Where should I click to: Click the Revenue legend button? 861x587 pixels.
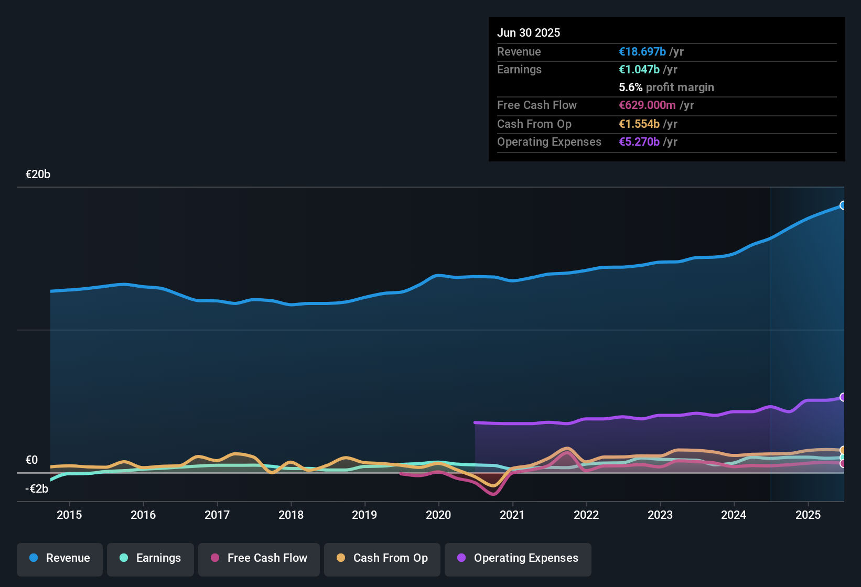point(60,558)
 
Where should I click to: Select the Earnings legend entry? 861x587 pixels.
point(150,558)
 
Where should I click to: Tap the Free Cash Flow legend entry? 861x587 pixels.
point(259,558)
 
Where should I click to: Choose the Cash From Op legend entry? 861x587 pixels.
point(382,558)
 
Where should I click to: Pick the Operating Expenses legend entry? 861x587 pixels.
point(518,558)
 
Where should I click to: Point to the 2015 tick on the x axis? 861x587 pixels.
point(69,515)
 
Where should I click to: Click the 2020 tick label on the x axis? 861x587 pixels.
point(438,515)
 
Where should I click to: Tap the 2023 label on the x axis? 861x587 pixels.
point(660,515)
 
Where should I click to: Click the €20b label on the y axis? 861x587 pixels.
point(38,175)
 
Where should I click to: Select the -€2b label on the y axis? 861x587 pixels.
point(37,489)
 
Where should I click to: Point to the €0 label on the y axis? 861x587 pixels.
point(31,460)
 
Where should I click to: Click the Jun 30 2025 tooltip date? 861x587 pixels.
point(529,32)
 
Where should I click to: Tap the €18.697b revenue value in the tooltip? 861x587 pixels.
point(642,51)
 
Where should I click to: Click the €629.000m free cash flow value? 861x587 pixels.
point(648,105)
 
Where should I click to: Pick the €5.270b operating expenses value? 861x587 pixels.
point(639,142)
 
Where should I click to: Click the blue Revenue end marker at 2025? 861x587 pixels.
point(843,205)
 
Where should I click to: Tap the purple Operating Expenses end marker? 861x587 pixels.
point(843,397)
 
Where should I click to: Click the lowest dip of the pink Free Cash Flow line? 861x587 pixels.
point(494,493)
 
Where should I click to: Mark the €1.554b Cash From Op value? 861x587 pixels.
point(639,124)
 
